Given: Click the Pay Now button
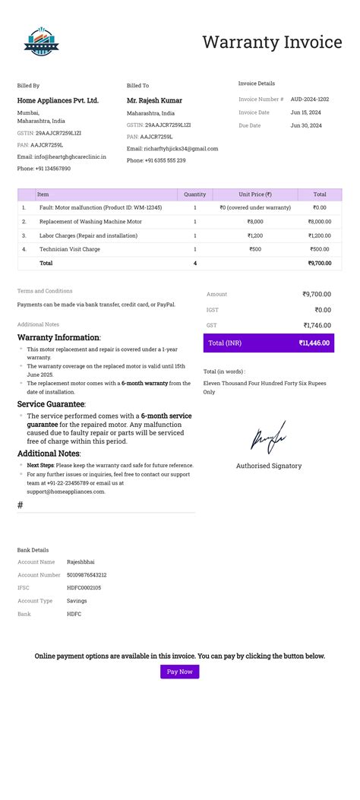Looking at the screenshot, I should click(x=179, y=672).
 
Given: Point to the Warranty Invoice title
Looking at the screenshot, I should click(x=272, y=43).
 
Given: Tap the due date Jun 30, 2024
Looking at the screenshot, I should click(x=306, y=125).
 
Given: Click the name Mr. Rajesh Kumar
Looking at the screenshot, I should click(x=154, y=100).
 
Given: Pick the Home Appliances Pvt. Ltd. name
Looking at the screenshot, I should click(x=58, y=100).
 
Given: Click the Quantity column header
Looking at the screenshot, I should click(x=195, y=194).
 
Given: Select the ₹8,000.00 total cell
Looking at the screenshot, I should click(x=319, y=221).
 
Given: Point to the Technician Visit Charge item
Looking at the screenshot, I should click(x=70, y=249).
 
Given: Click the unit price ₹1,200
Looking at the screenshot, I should click(x=255, y=236).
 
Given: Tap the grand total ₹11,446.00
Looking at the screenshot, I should click(x=314, y=343).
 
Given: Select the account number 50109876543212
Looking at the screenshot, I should click(x=87, y=575).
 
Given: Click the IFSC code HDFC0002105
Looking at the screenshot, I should click(x=84, y=588).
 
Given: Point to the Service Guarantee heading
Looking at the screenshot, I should click(x=51, y=404).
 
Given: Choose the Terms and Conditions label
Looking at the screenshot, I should click(x=45, y=291).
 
